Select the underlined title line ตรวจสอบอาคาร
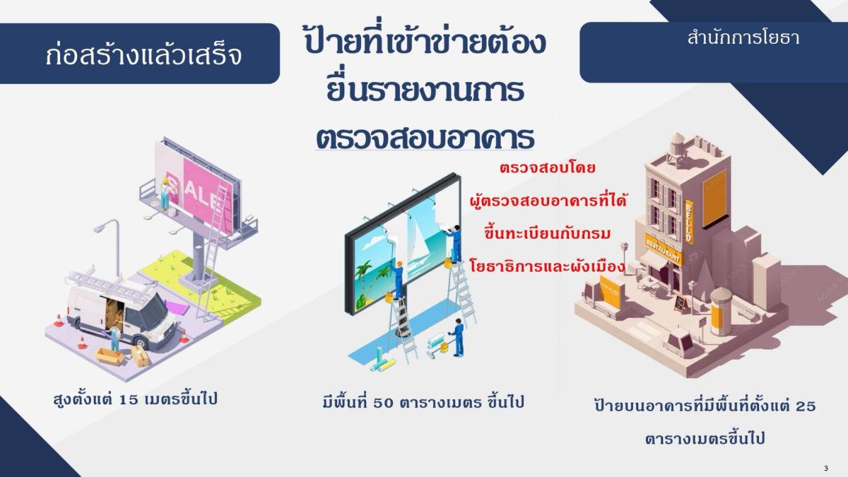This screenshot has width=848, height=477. (425, 139)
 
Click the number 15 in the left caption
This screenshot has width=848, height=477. (129, 400)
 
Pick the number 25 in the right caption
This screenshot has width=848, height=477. (806, 406)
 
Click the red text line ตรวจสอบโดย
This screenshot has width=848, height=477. (548, 167)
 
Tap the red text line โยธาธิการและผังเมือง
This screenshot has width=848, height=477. (547, 266)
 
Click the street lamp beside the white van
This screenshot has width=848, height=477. (110, 246)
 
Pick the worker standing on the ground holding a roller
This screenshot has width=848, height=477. (457, 337)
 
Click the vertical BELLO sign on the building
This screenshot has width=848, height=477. (689, 221)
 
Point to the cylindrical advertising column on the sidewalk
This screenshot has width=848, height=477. (721, 311)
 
